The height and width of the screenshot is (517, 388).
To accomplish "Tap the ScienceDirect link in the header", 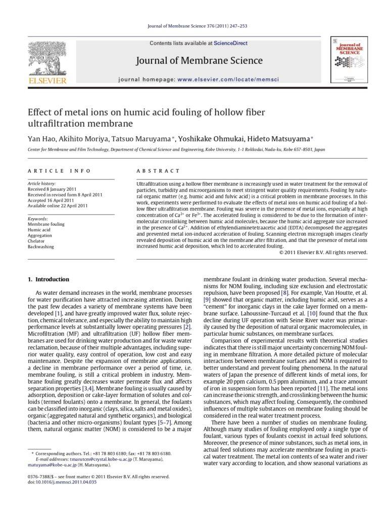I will tap(230, 43).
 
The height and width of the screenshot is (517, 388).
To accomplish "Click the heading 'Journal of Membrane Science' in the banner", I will tap(199, 61).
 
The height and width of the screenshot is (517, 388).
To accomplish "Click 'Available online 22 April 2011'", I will tap(58, 205).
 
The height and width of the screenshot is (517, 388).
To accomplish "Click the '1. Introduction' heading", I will tap(48, 279).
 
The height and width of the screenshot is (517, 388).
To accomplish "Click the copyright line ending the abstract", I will tap(323, 252).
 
